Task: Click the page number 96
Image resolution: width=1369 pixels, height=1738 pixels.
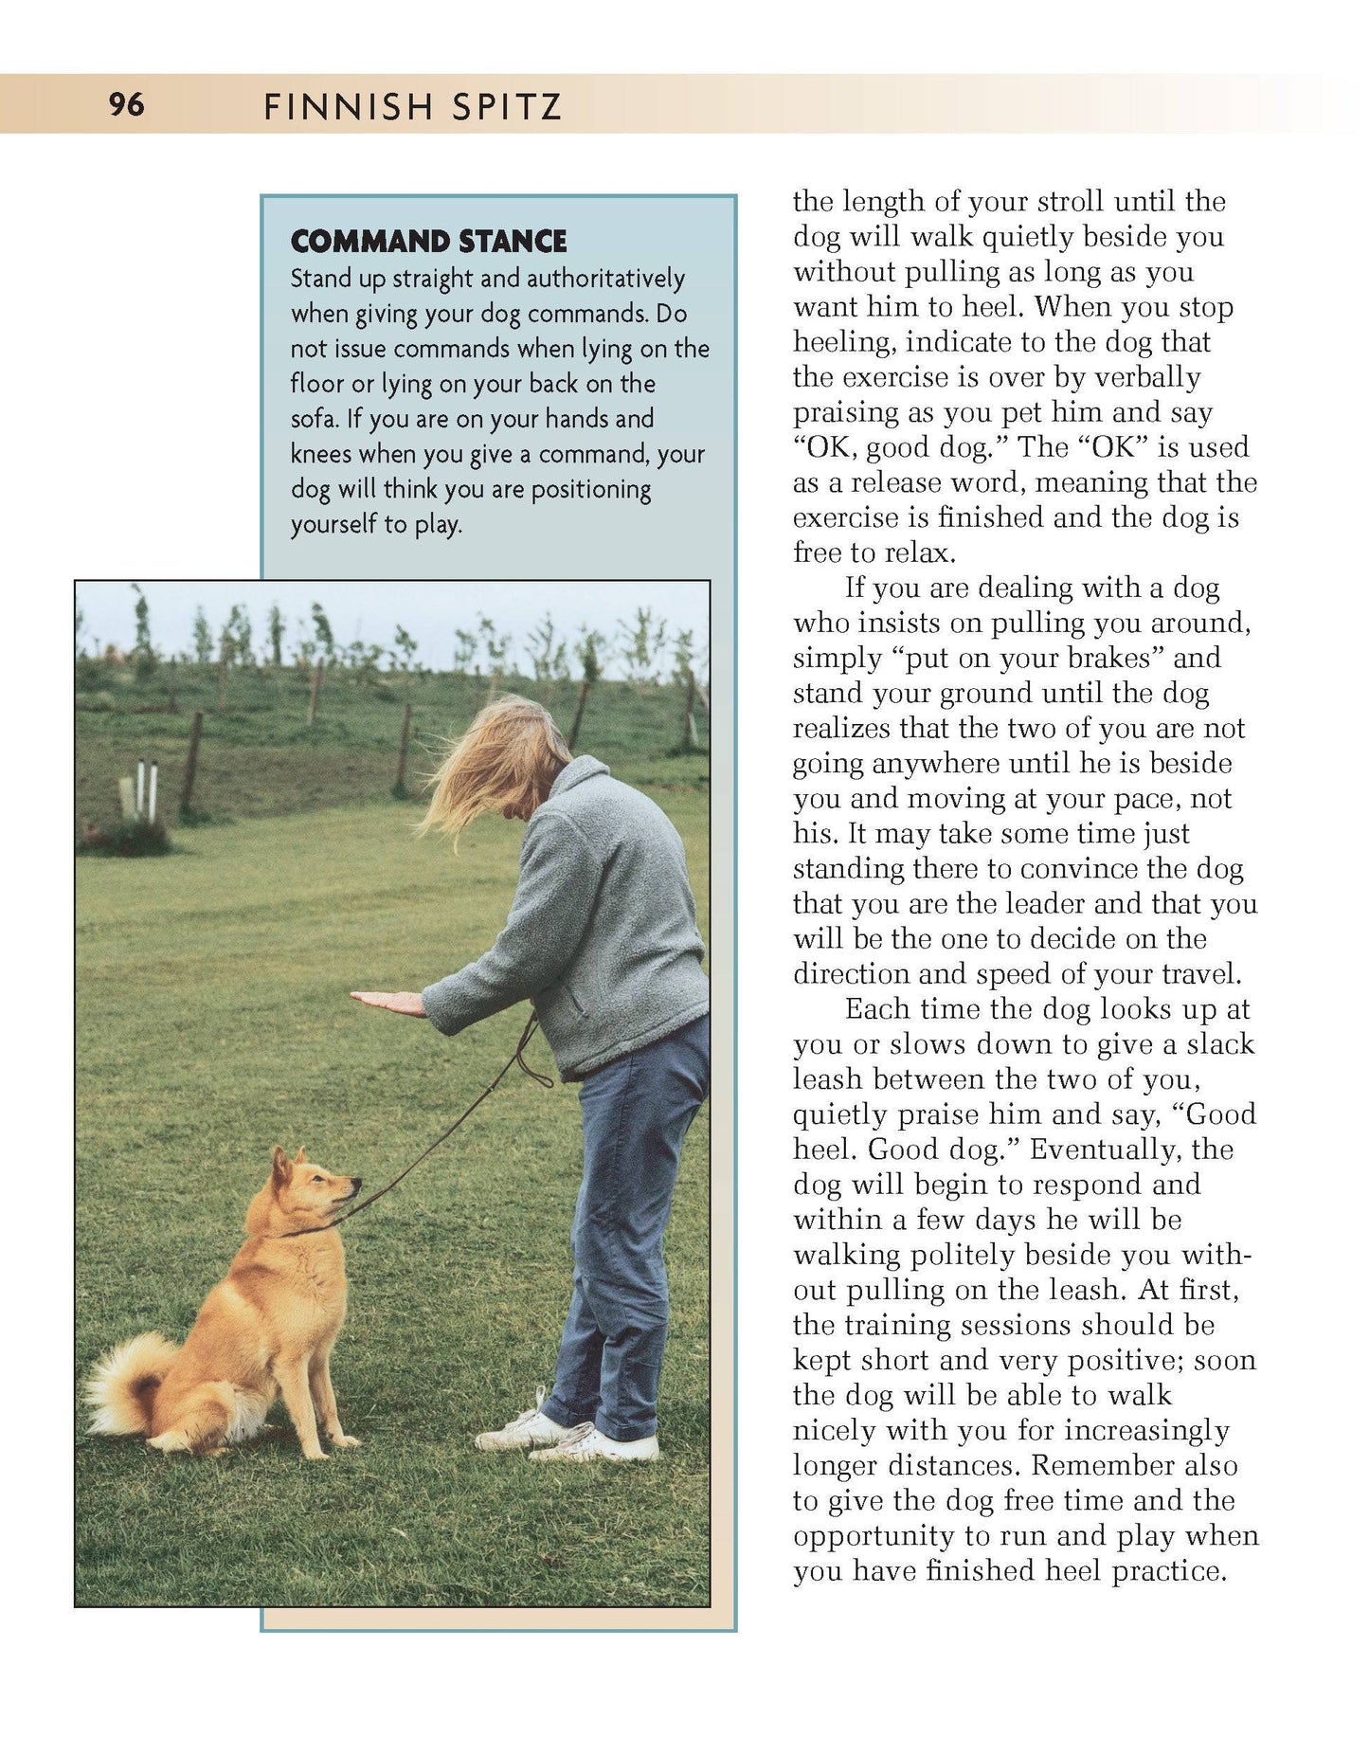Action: click(127, 104)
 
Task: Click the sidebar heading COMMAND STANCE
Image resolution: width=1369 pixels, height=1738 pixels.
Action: click(428, 242)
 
